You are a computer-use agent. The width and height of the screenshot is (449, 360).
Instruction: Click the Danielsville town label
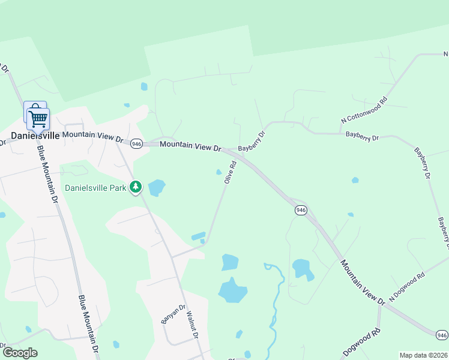click(x=35, y=136)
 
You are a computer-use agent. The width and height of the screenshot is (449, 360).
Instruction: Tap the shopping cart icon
click(x=38, y=118)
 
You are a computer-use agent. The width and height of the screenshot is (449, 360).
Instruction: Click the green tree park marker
click(x=136, y=187)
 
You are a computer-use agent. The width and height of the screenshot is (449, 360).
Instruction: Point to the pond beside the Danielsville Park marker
click(x=156, y=188)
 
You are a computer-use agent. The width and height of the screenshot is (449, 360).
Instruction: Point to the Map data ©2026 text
click(x=423, y=355)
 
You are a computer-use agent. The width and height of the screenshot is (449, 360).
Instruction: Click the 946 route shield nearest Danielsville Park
click(x=136, y=143)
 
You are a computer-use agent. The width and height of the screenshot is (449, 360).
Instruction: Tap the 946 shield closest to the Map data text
click(x=441, y=334)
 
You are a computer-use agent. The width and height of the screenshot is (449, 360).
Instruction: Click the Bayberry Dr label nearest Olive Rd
click(x=252, y=142)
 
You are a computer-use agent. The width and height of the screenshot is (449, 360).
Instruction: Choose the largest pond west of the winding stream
click(x=232, y=290)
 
